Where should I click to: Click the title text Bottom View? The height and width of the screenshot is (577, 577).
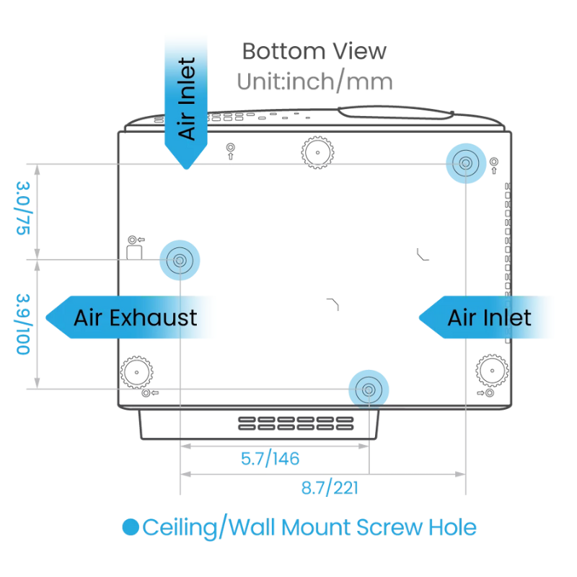[314, 51]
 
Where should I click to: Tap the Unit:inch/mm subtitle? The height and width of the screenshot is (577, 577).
[314, 82]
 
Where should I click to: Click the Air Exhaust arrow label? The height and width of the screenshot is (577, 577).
[135, 317]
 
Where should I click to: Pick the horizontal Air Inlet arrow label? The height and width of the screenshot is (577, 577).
[489, 317]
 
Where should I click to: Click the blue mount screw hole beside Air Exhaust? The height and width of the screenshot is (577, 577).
[178, 259]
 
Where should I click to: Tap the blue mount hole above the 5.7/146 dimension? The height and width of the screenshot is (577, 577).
[369, 389]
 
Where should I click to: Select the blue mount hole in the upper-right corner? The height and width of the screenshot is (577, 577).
[465, 164]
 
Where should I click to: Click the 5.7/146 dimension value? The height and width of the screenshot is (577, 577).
[270, 458]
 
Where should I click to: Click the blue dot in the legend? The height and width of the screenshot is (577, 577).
[130, 527]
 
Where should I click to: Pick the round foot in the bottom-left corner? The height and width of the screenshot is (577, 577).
[137, 371]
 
